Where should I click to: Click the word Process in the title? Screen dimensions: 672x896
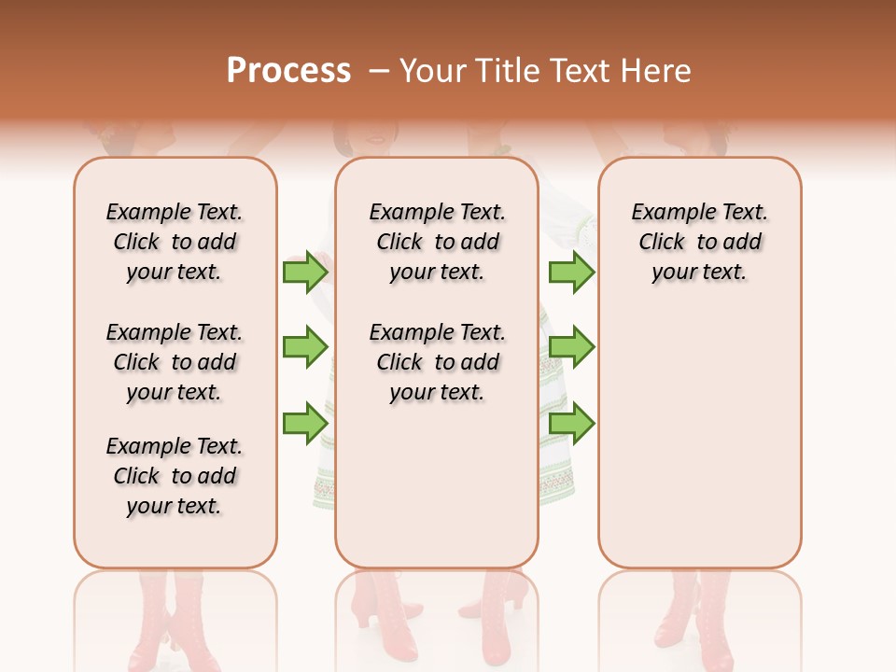point(288,70)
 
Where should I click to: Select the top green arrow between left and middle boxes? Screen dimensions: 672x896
point(305,272)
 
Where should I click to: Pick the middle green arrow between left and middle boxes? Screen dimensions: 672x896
point(305,347)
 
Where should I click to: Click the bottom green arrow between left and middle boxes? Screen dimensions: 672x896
point(305,423)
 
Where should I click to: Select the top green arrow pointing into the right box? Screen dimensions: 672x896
point(571,272)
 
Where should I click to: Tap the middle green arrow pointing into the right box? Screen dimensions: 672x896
point(571,347)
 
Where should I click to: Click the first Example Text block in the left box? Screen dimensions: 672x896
point(175,242)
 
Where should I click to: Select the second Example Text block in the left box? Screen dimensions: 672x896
point(175,362)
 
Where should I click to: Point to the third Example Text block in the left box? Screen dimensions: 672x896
point(175,476)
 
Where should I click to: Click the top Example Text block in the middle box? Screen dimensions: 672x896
point(437,242)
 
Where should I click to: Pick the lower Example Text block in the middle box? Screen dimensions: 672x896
point(437,362)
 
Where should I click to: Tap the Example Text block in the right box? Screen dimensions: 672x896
point(699,242)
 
